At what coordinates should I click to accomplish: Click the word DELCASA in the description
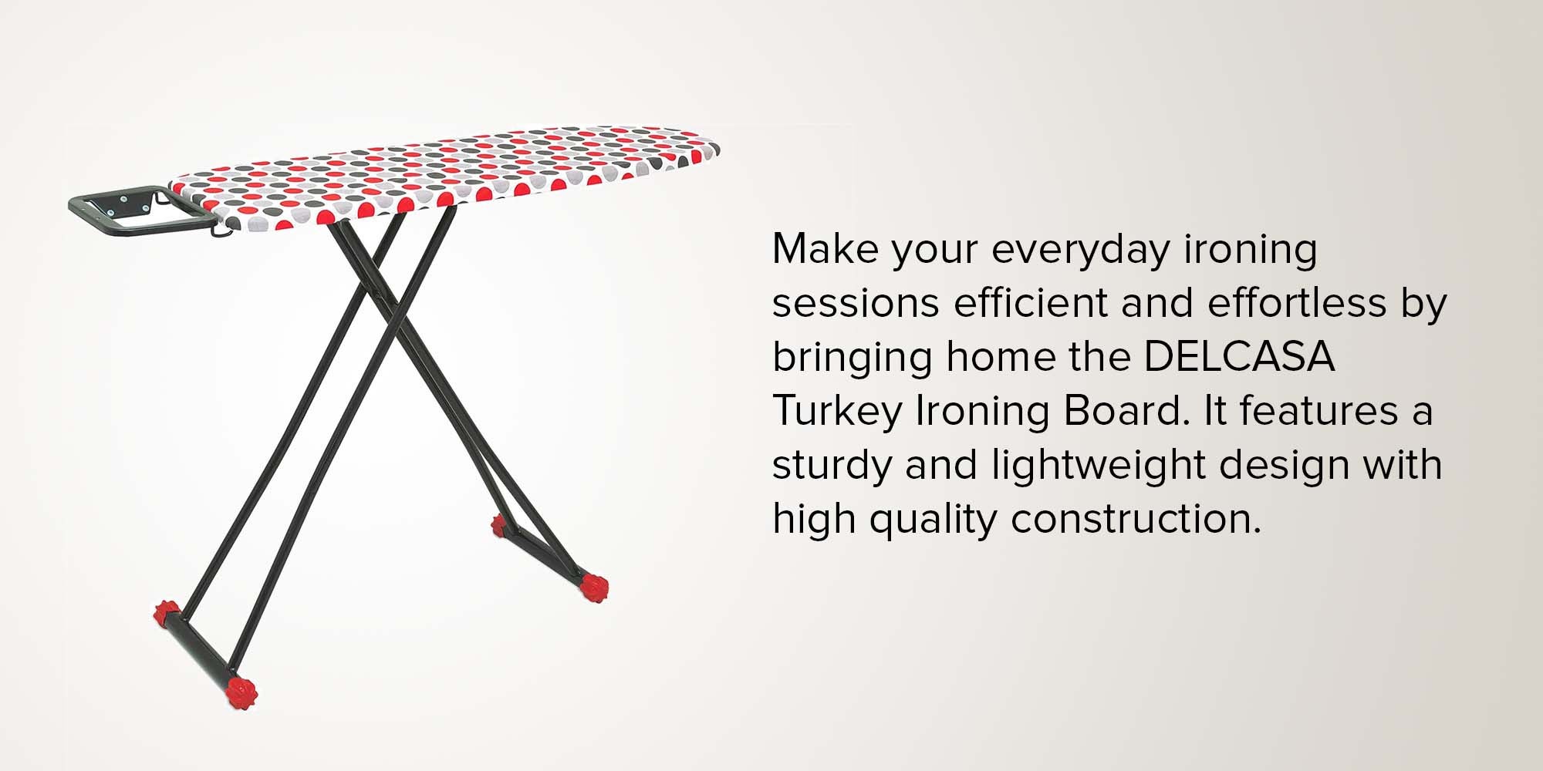1239,357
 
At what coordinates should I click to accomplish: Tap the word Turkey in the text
837,411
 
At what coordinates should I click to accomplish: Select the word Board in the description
1126,411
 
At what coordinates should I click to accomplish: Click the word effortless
1297,302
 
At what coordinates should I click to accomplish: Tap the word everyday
1080,250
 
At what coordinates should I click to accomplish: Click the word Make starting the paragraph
826,248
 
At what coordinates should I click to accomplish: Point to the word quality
933,519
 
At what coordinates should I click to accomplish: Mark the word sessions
856,303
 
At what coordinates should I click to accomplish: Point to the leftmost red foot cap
166,613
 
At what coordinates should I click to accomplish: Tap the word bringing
852,357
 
